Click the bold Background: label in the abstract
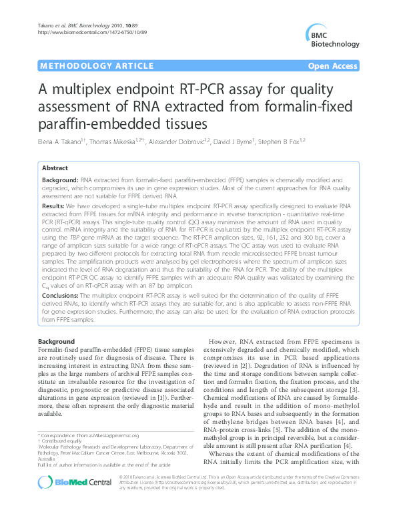(59, 181)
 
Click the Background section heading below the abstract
(57, 341)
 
